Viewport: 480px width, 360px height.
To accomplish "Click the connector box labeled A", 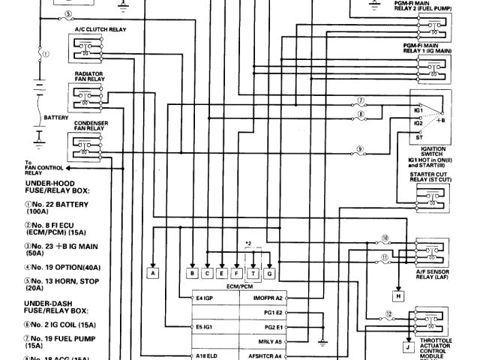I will click(x=153, y=274).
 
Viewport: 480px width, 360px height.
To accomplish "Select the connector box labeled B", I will click(x=193, y=274).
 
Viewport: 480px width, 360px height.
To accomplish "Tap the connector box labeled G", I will click(x=270, y=274).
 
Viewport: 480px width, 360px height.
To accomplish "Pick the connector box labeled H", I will click(x=399, y=296).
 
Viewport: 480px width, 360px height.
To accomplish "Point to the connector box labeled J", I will click(x=408, y=347).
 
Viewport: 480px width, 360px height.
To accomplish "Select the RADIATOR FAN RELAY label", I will click(x=88, y=78).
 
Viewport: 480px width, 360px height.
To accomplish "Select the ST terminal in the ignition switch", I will click(x=420, y=139).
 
